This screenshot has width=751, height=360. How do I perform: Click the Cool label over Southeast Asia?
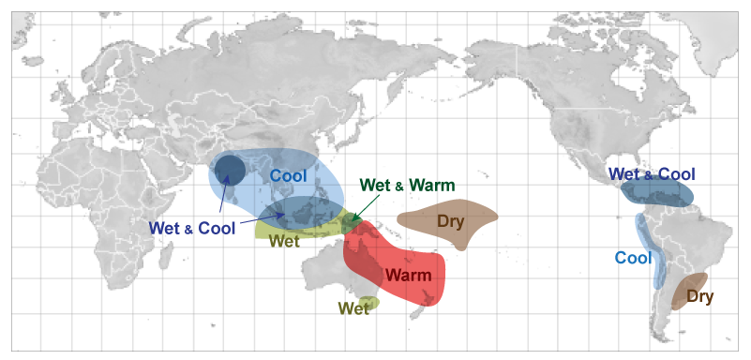click(x=289, y=175)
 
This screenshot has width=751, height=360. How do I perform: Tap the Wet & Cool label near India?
click(x=188, y=226)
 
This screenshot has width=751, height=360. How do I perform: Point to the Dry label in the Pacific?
click(x=449, y=222)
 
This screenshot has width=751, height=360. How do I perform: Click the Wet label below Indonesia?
click(x=284, y=241)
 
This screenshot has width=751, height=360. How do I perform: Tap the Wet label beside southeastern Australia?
click(x=353, y=308)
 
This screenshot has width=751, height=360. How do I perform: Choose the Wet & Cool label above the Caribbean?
click(x=652, y=174)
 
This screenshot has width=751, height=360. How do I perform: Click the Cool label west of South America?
click(x=633, y=258)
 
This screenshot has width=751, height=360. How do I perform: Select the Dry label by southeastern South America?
click(x=699, y=297)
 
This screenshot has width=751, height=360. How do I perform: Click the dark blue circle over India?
click(x=229, y=171)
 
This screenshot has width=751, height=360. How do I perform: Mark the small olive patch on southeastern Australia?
click(x=370, y=303)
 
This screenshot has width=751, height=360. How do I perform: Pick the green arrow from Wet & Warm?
click(x=354, y=206)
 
